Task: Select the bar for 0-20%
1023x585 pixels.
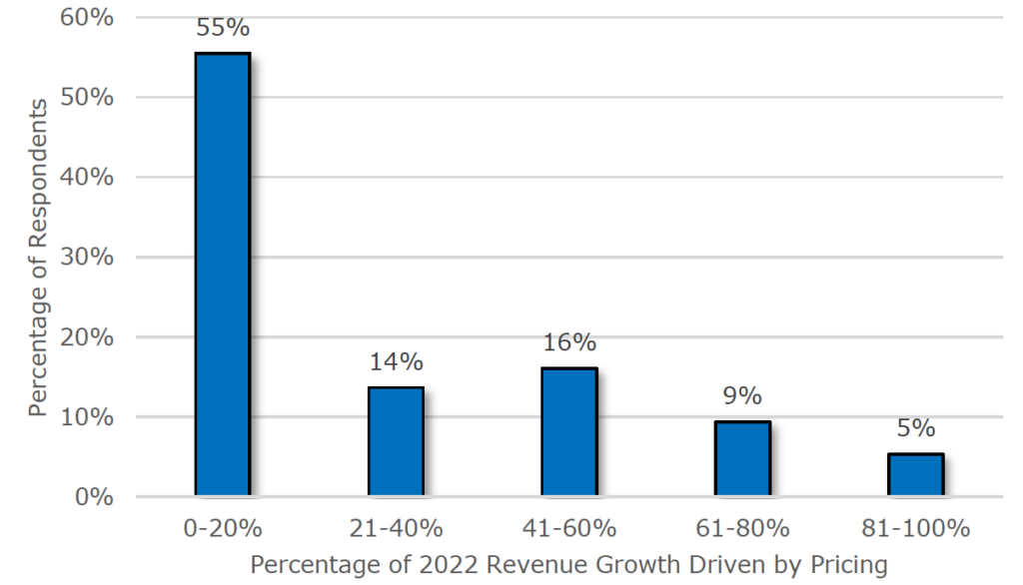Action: (x=222, y=275)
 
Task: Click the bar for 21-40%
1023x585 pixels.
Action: (x=396, y=441)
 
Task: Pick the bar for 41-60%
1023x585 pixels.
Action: (x=568, y=431)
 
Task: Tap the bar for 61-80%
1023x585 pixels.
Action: (x=742, y=458)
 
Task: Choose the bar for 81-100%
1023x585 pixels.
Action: (x=915, y=474)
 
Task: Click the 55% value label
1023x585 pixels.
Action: (x=222, y=28)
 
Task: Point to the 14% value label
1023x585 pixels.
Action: (x=396, y=361)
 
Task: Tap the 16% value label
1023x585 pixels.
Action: (x=569, y=342)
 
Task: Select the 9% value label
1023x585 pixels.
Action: (x=742, y=396)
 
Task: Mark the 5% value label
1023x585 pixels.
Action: (x=915, y=428)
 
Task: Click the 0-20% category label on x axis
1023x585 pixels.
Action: (x=222, y=529)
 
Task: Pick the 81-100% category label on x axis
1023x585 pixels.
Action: (x=915, y=529)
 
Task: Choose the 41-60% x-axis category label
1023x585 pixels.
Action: (x=568, y=529)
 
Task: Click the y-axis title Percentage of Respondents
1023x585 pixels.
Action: (x=38, y=258)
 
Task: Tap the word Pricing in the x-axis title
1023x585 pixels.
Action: (x=848, y=565)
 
